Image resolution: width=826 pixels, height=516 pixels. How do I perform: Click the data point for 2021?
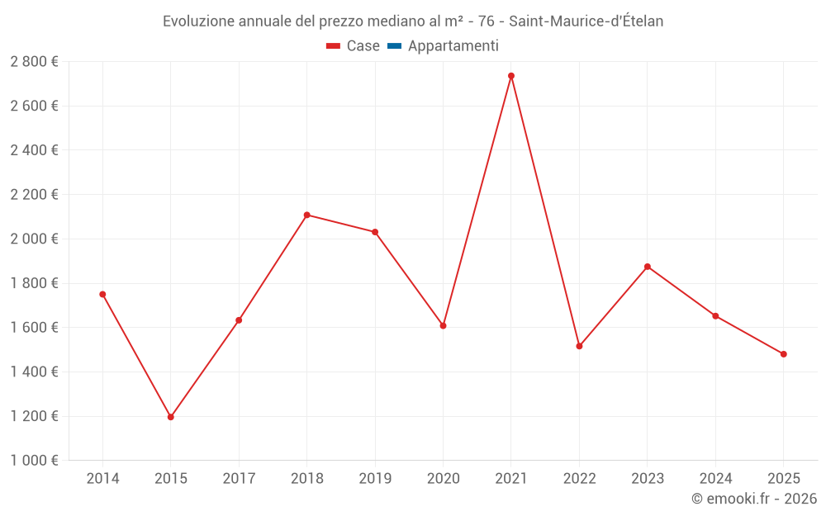pos(511,76)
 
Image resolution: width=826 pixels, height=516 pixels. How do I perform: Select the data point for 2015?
pos(171,417)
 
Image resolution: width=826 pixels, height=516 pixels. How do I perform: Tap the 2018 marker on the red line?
pos(306,215)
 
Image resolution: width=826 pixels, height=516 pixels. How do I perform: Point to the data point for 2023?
pos(648,267)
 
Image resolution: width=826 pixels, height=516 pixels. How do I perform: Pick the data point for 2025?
pos(784,354)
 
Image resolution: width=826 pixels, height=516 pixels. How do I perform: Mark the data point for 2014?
pos(102,294)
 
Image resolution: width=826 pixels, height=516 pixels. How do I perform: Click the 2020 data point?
pos(443,325)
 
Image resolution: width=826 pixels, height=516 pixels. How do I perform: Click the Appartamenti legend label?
pos(453,46)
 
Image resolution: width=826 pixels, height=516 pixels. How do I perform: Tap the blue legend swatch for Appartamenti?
pos(394,46)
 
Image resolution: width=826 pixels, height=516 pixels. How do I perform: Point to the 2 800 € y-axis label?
pos(34,61)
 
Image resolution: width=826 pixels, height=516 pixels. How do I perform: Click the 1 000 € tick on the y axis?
pos(34,461)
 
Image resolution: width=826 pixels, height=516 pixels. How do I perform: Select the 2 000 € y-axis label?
pos(34,239)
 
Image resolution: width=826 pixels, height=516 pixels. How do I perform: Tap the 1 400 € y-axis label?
pos(34,372)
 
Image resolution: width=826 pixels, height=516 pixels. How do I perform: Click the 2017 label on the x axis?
pos(239,479)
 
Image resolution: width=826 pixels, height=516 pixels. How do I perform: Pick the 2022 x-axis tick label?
pos(579,479)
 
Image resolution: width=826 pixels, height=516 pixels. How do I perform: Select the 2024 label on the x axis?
pos(715,479)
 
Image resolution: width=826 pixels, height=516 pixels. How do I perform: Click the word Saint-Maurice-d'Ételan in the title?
pos(586,21)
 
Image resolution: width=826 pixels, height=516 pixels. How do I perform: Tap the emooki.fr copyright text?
pos(754,499)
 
